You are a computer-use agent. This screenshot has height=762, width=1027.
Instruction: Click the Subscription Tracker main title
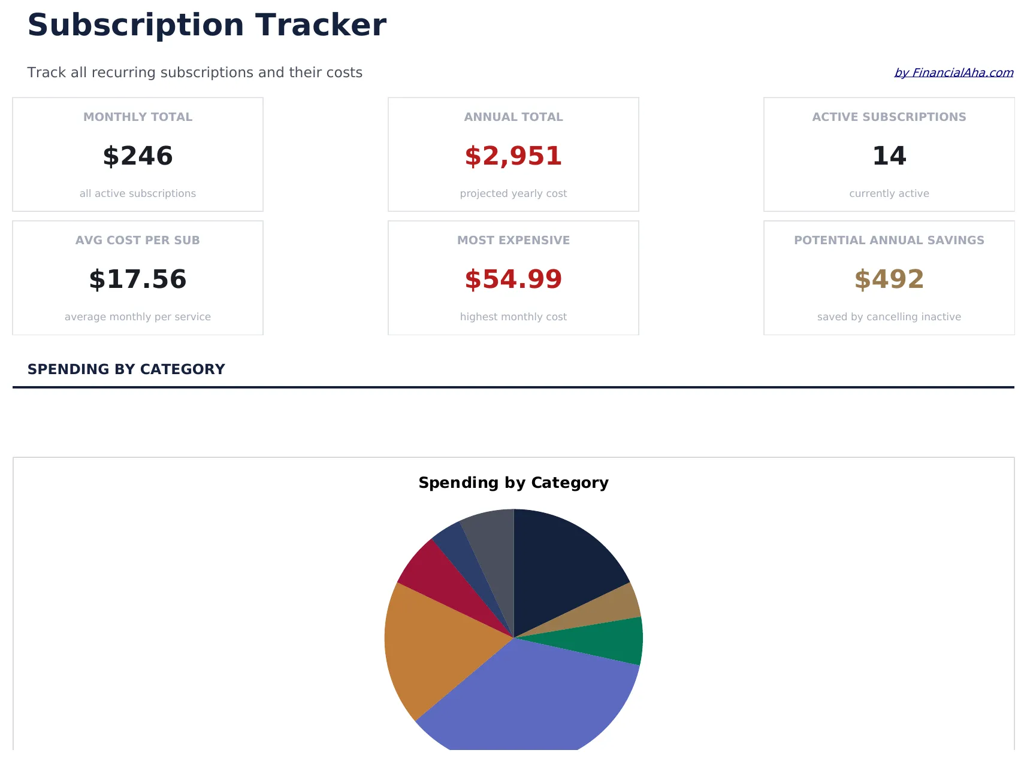207,25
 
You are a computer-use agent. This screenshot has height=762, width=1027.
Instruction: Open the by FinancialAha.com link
953,72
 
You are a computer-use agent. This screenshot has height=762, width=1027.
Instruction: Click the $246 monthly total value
138,156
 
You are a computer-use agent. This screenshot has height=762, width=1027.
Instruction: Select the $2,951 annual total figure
513,156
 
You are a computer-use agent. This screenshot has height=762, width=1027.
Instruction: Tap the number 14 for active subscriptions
889,156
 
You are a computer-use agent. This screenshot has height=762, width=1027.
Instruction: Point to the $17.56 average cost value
138,279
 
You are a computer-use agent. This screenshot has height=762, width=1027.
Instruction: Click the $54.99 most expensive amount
513,279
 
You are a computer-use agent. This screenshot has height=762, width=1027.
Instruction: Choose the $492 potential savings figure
889,279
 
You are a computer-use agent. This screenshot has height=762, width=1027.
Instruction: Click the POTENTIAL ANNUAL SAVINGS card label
889,240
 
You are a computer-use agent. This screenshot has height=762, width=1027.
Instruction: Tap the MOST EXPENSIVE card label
513,240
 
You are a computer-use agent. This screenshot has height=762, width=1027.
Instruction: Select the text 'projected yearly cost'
513,193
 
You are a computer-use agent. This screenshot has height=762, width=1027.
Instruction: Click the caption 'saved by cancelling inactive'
889,317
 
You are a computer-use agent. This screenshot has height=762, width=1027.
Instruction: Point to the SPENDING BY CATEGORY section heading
126,369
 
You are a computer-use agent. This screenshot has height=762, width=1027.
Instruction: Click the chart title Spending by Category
513,482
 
